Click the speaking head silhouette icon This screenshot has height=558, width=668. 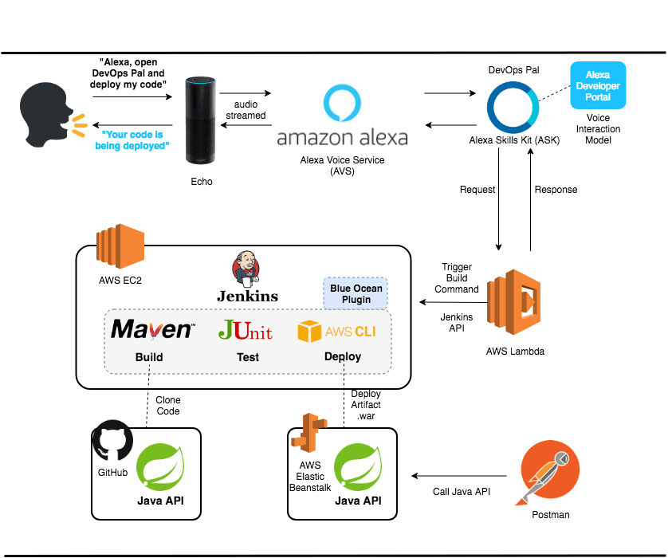click(x=44, y=119)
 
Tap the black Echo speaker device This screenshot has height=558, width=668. click(x=201, y=119)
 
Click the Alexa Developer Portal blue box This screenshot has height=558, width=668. click(x=598, y=86)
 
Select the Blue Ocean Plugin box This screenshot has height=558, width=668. click(x=356, y=294)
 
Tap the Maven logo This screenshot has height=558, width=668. click(x=151, y=330)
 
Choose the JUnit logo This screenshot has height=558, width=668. click(x=246, y=330)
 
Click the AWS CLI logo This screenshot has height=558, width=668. click(x=336, y=331)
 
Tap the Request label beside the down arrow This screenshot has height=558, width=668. click(x=477, y=190)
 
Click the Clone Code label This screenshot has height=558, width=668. click(x=167, y=405)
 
